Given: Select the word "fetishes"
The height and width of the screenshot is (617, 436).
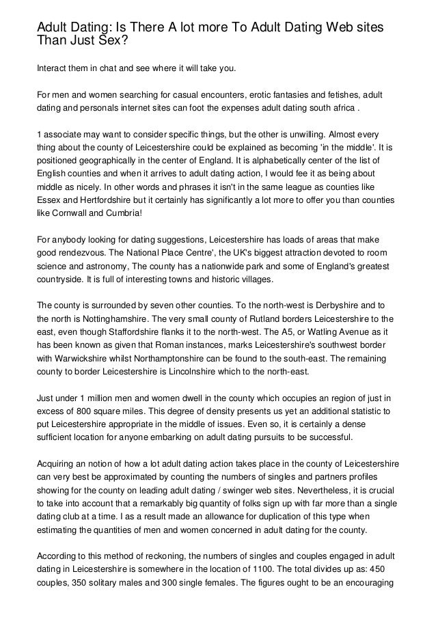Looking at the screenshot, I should pyautogui.click(x=343, y=94).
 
